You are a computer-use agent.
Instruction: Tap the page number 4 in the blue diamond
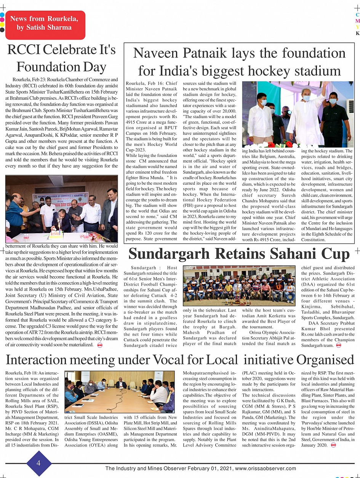pos(38,463)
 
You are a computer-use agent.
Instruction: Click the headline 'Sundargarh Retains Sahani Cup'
pos(239,254)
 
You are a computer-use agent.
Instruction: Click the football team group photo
pos(239,285)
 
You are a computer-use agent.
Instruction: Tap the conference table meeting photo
pos(119,392)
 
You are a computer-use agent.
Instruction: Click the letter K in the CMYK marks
pos(357,33)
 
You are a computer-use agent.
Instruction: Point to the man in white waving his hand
pos(306,114)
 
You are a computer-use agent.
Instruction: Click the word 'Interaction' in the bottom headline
pos(44,360)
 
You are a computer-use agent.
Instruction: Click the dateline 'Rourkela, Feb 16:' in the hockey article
pos(145,83)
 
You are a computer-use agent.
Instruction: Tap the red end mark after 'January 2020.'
pos(333,445)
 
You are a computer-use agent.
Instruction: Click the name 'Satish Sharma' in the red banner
pos(52,27)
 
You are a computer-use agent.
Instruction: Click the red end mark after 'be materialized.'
pos(100,345)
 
